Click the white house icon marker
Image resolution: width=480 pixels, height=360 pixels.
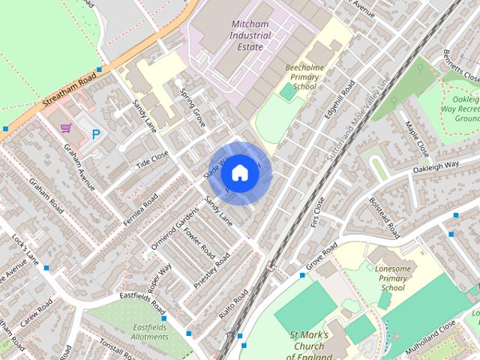coord(239,173)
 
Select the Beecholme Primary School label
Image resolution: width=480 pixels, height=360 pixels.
coord(304,76)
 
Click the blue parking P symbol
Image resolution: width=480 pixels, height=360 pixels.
coord(96,135)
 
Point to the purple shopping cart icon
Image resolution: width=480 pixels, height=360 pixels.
coord(66,127)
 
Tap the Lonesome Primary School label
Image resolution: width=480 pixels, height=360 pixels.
coord(392,277)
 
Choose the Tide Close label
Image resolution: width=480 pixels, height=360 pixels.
coord(152,159)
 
